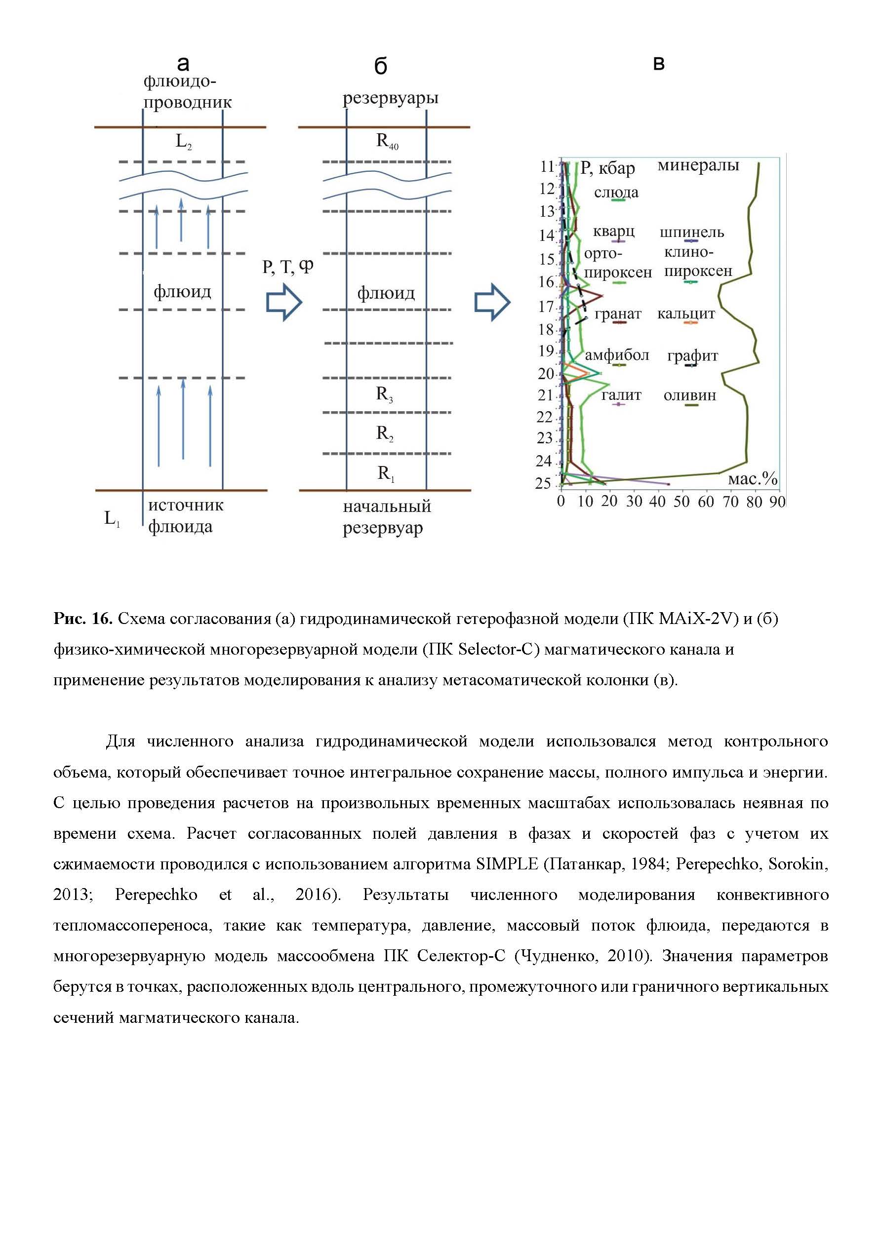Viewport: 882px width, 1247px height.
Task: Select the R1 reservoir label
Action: (385, 473)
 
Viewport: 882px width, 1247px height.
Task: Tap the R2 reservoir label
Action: (384, 433)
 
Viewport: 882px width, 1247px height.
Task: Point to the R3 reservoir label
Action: (384, 394)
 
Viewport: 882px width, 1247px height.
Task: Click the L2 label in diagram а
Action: (183, 142)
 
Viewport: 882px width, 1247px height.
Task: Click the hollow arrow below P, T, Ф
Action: (283, 303)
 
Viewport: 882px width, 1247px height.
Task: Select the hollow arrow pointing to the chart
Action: (492, 303)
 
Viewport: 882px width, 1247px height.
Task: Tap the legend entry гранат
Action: (618, 314)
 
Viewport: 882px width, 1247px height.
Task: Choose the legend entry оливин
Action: (689, 396)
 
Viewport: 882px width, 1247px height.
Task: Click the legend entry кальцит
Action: (686, 314)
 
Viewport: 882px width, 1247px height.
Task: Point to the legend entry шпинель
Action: (691, 233)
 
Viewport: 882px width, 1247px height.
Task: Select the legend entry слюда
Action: (616, 193)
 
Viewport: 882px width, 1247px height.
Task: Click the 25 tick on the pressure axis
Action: (543, 483)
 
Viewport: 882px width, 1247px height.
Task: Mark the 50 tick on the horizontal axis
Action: (682, 502)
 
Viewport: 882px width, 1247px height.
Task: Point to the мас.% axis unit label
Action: (752, 479)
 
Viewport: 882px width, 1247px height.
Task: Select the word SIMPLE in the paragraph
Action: (507, 863)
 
